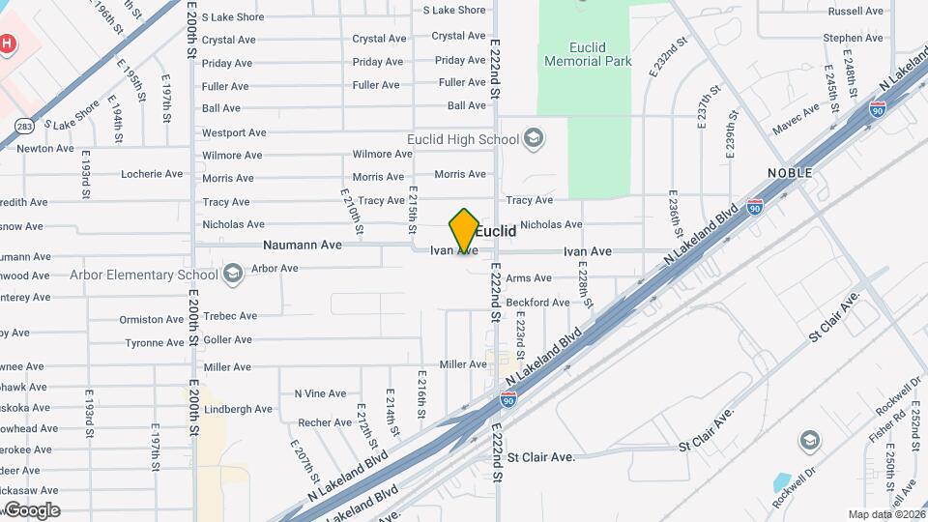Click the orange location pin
[x=464, y=230]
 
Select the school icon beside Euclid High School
[x=534, y=139]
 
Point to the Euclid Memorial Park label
[x=588, y=53]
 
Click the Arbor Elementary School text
[x=143, y=275]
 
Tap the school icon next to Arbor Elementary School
[x=232, y=275]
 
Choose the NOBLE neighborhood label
[x=790, y=172]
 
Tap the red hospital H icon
[x=8, y=44]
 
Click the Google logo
[x=33, y=509]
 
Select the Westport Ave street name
[x=234, y=132]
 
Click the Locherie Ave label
[x=152, y=174]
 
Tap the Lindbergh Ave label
[x=238, y=410]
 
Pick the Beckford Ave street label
[x=537, y=303]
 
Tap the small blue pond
[x=783, y=482]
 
